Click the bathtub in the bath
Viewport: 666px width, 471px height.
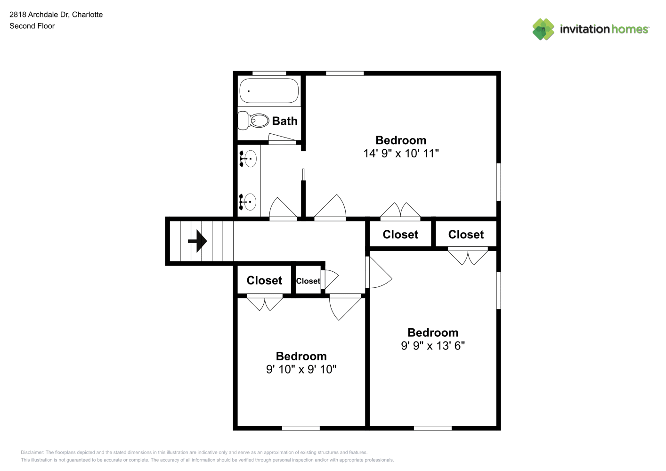(269, 91)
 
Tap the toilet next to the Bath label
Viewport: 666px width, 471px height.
(253, 121)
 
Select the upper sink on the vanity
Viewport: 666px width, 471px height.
(248, 158)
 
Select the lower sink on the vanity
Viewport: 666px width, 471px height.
(248, 202)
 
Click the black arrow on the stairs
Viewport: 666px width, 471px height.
(197, 241)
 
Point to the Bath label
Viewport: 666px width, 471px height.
(284, 121)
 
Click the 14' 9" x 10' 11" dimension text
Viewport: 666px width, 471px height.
(401, 154)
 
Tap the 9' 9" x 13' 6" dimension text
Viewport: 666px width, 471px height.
(432, 346)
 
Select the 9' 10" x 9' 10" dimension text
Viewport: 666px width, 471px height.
(301, 369)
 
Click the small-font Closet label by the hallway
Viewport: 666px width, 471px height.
(308, 281)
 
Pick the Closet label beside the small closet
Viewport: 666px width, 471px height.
(264, 280)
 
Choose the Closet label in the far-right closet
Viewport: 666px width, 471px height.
(466, 235)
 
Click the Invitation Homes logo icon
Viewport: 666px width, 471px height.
(543, 29)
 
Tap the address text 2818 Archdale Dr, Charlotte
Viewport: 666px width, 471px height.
(56, 15)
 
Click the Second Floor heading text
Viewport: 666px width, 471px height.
(32, 26)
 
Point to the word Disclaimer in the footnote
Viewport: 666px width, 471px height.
(32, 452)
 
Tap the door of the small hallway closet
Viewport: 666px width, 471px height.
(331, 279)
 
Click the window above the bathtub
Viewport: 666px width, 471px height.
(269, 73)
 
